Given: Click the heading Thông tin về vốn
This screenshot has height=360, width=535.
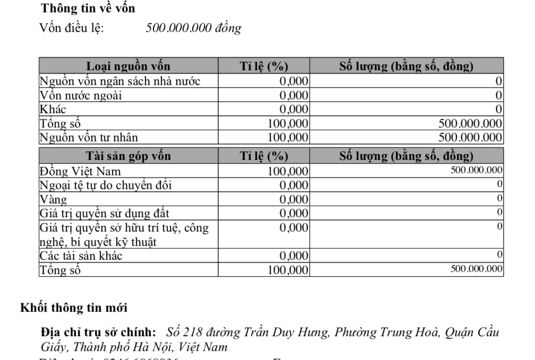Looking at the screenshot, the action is point(88,8).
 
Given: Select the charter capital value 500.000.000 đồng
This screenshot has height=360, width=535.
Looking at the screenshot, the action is point(193,28).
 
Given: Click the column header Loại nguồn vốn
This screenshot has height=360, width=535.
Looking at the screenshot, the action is point(128,66).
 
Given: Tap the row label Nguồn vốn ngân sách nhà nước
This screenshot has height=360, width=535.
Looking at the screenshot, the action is point(120,81).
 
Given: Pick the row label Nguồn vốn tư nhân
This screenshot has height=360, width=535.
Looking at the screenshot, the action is point(89,138).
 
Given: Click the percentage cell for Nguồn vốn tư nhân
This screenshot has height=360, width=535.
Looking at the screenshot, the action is point(288,138).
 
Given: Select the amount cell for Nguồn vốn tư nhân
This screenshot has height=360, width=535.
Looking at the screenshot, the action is point(470,138).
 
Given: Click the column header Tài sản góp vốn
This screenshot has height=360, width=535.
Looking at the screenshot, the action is point(128,156).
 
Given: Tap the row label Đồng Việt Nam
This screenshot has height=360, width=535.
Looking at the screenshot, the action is point(80,171).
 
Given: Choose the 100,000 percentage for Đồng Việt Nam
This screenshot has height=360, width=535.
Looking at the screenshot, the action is point(288,171).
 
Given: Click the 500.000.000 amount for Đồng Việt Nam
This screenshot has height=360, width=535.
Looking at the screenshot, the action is point(476,170).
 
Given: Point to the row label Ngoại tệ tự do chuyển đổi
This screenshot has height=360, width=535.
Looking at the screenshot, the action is point(106,185).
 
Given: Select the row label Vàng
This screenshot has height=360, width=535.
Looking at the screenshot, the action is point(54,200).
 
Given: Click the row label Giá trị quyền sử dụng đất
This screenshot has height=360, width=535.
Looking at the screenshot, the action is point(105,213).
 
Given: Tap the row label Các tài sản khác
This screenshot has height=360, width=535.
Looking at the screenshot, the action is point(81,256).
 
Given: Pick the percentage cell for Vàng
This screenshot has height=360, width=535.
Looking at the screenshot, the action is point(294,200).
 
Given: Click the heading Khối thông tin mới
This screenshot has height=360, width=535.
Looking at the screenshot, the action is point(74,308).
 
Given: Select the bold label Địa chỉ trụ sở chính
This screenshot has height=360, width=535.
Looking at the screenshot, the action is point(98,333).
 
